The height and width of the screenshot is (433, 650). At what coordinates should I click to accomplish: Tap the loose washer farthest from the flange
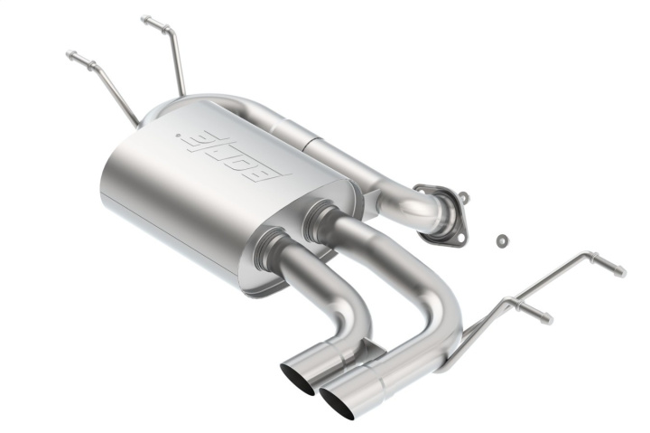502,240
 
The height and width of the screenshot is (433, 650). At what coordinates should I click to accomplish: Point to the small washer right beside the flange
462,196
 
